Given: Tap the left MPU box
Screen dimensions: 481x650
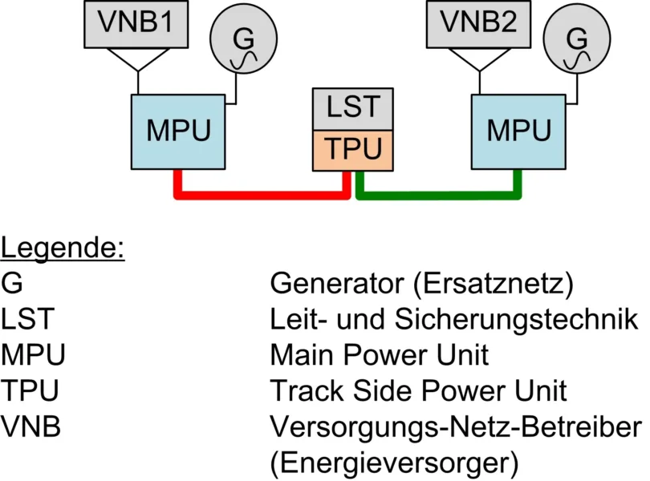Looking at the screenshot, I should point(178,130).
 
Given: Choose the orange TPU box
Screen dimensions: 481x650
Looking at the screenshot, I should point(353,149).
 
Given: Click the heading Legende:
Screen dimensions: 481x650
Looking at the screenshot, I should point(63,248).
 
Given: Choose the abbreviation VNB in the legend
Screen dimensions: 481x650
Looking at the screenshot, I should point(31,426).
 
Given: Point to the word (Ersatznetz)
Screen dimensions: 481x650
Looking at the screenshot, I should point(514,284).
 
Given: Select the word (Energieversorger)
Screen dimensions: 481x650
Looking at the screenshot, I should point(394,463).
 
